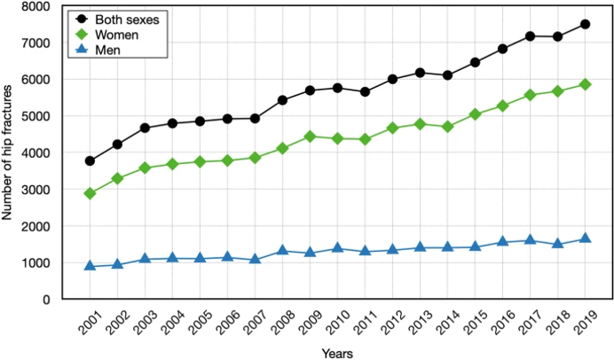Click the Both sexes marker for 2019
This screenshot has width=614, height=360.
coord(586,25)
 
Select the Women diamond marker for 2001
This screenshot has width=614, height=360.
coord(90,193)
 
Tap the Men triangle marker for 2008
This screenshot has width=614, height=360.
coord(282,251)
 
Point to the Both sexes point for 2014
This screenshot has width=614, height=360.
coord(447,75)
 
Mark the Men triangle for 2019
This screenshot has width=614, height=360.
coord(586,239)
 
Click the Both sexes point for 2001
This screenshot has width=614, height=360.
coord(90,160)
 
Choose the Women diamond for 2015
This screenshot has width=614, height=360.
coord(475,114)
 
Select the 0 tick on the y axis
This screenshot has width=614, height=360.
coord(44,300)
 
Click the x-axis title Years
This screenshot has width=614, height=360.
coord(338,352)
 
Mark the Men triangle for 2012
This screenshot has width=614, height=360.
coord(392,250)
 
